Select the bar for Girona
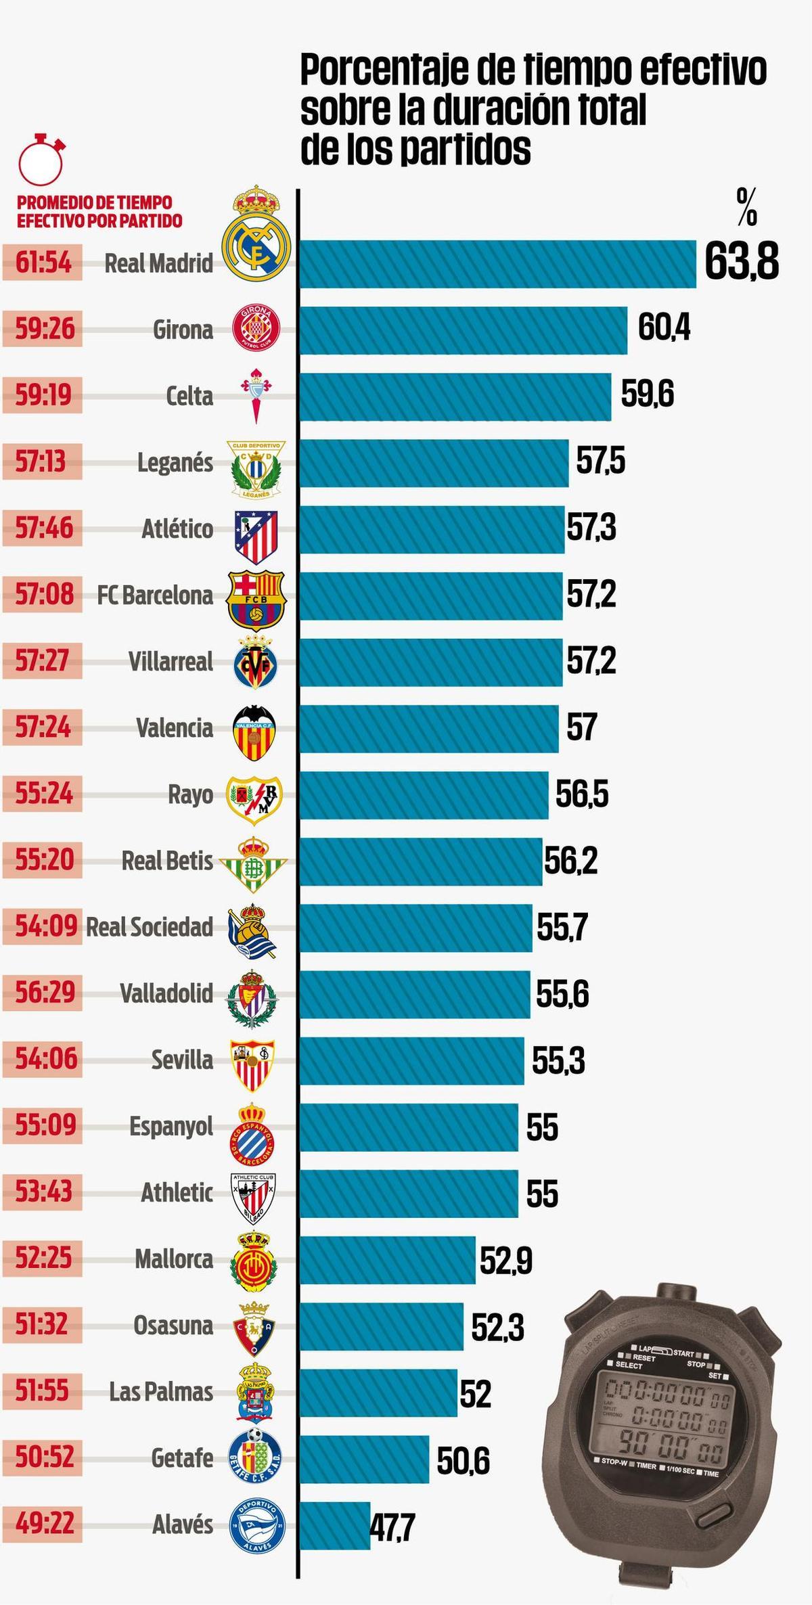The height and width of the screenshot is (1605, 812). (x=464, y=330)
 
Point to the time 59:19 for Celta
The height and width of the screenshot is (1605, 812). (x=43, y=394)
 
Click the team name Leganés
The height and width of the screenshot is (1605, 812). (x=175, y=463)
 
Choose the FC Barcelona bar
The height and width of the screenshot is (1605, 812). (x=431, y=595)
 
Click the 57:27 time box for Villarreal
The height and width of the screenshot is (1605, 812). (x=43, y=660)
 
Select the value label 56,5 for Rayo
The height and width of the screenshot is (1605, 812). (x=582, y=794)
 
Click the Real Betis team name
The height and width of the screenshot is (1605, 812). (x=167, y=861)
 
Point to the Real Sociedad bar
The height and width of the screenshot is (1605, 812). (x=416, y=928)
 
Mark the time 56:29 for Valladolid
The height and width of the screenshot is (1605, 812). (x=43, y=993)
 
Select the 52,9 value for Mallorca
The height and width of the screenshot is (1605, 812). (x=506, y=1260)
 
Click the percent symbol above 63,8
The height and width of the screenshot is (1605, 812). (x=747, y=207)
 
